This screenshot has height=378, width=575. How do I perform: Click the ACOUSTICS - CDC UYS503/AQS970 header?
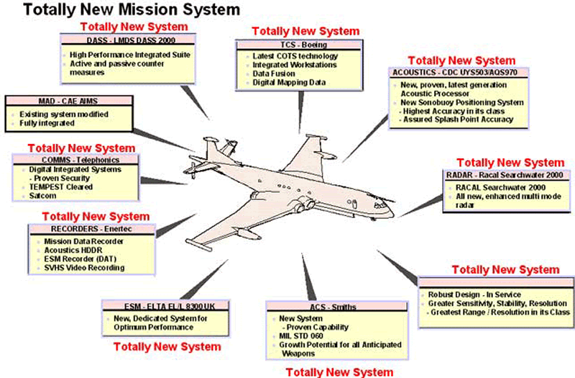(x=459, y=73)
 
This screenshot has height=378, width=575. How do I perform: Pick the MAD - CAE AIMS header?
(x=57, y=102)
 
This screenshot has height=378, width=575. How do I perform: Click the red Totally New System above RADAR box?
(x=510, y=162)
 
